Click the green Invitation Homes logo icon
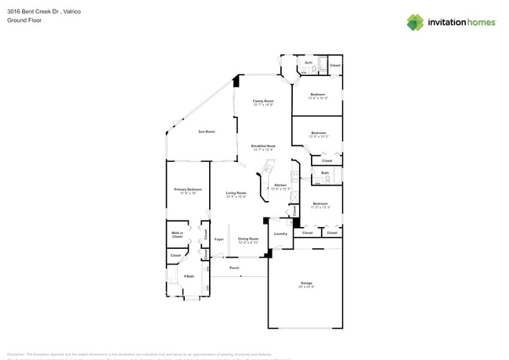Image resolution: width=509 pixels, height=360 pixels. coord(416,22)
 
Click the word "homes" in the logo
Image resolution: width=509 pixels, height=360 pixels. coord(479,22)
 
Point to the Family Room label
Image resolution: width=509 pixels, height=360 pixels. coord(263,101)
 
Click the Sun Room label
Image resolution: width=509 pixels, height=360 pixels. coord(206,131)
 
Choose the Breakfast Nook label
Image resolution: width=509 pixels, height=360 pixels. coord(263,146)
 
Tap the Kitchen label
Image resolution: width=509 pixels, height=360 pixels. coord(280,185)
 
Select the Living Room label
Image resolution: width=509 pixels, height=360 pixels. coord(236,193)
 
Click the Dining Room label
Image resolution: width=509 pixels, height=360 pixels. coord(248,239)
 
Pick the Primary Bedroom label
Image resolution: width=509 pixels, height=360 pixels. coord(188,189)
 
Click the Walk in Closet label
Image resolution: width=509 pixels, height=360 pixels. coord(177,234)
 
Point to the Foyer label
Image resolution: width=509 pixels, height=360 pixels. coord(219,239)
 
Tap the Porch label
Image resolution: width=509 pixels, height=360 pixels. coord(234,268)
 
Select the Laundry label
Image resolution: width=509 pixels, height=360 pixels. coord(280,233)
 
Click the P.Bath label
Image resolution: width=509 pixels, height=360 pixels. coord(189,276)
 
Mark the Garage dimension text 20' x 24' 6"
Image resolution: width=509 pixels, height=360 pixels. coord(306,287)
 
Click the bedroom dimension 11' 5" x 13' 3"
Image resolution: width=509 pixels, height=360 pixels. coord(319,207)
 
